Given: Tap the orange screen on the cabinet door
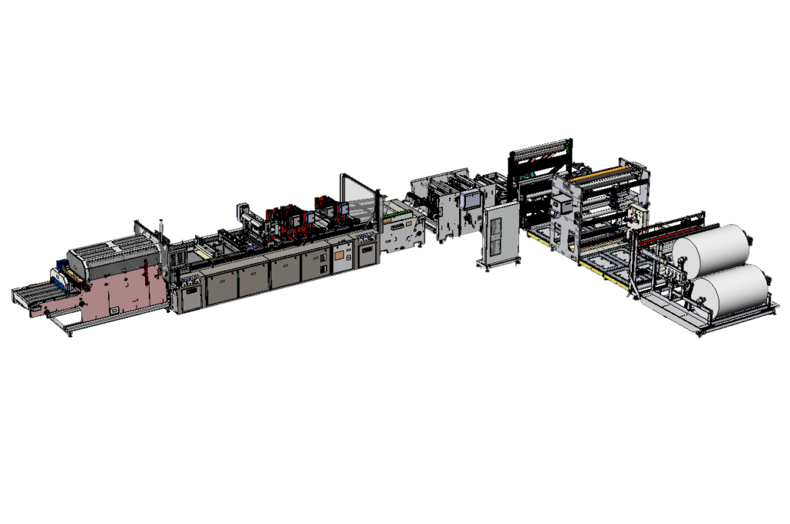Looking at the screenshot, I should [x=338, y=254].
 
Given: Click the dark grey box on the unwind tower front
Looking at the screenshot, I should [x=562, y=203].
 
